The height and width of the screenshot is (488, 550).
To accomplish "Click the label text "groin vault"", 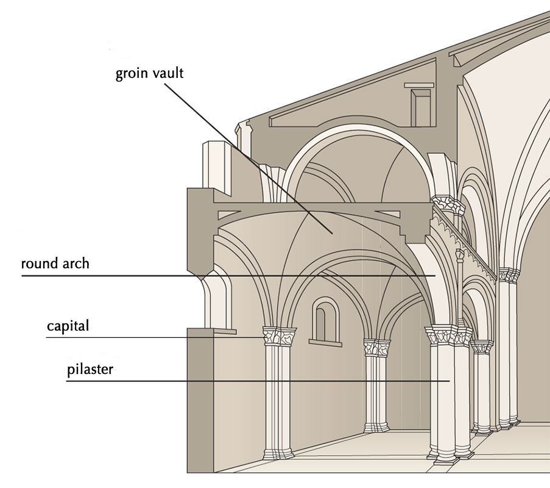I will click(150, 74).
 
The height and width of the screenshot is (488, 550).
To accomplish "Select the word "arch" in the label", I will click(77, 264).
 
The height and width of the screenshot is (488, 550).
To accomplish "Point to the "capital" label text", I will click(68, 326).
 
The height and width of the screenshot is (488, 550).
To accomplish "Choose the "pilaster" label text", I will click(90, 370).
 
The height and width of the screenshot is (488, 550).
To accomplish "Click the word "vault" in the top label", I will click(167, 74).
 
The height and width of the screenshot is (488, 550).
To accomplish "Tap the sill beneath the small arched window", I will click(325, 343).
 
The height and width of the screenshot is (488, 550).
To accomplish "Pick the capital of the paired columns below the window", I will click(377, 348).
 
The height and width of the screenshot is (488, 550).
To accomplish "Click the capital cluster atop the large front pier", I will click(448, 335).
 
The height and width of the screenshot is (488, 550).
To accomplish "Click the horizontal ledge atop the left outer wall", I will click(211, 332).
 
